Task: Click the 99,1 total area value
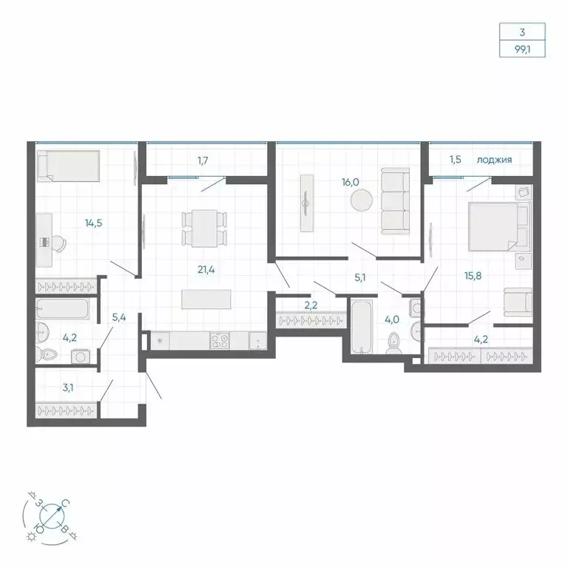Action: [x=522, y=51]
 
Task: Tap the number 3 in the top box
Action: [x=522, y=33]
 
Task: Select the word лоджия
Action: [x=494, y=159]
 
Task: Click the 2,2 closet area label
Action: [x=311, y=304]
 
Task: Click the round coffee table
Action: [x=362, y=201]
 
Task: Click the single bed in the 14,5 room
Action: [x=67, y=165]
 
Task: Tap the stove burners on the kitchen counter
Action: [x=220, y=341]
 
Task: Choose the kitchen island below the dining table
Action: [x=206, y=298]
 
